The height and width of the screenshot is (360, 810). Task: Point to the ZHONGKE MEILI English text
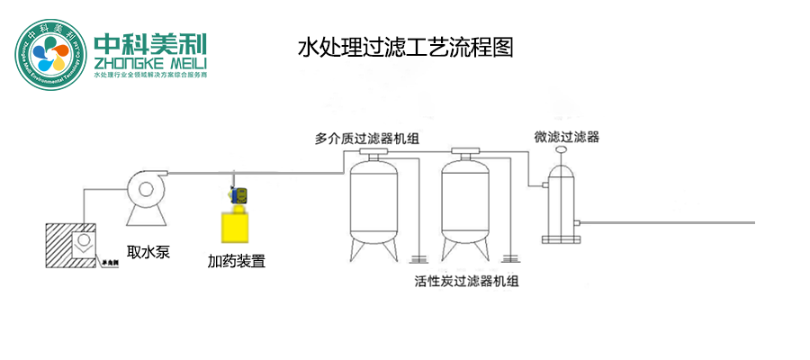150,63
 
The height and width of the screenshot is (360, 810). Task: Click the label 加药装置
237,262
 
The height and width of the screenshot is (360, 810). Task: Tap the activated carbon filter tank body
466,202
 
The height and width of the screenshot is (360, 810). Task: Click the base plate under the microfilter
561,239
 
